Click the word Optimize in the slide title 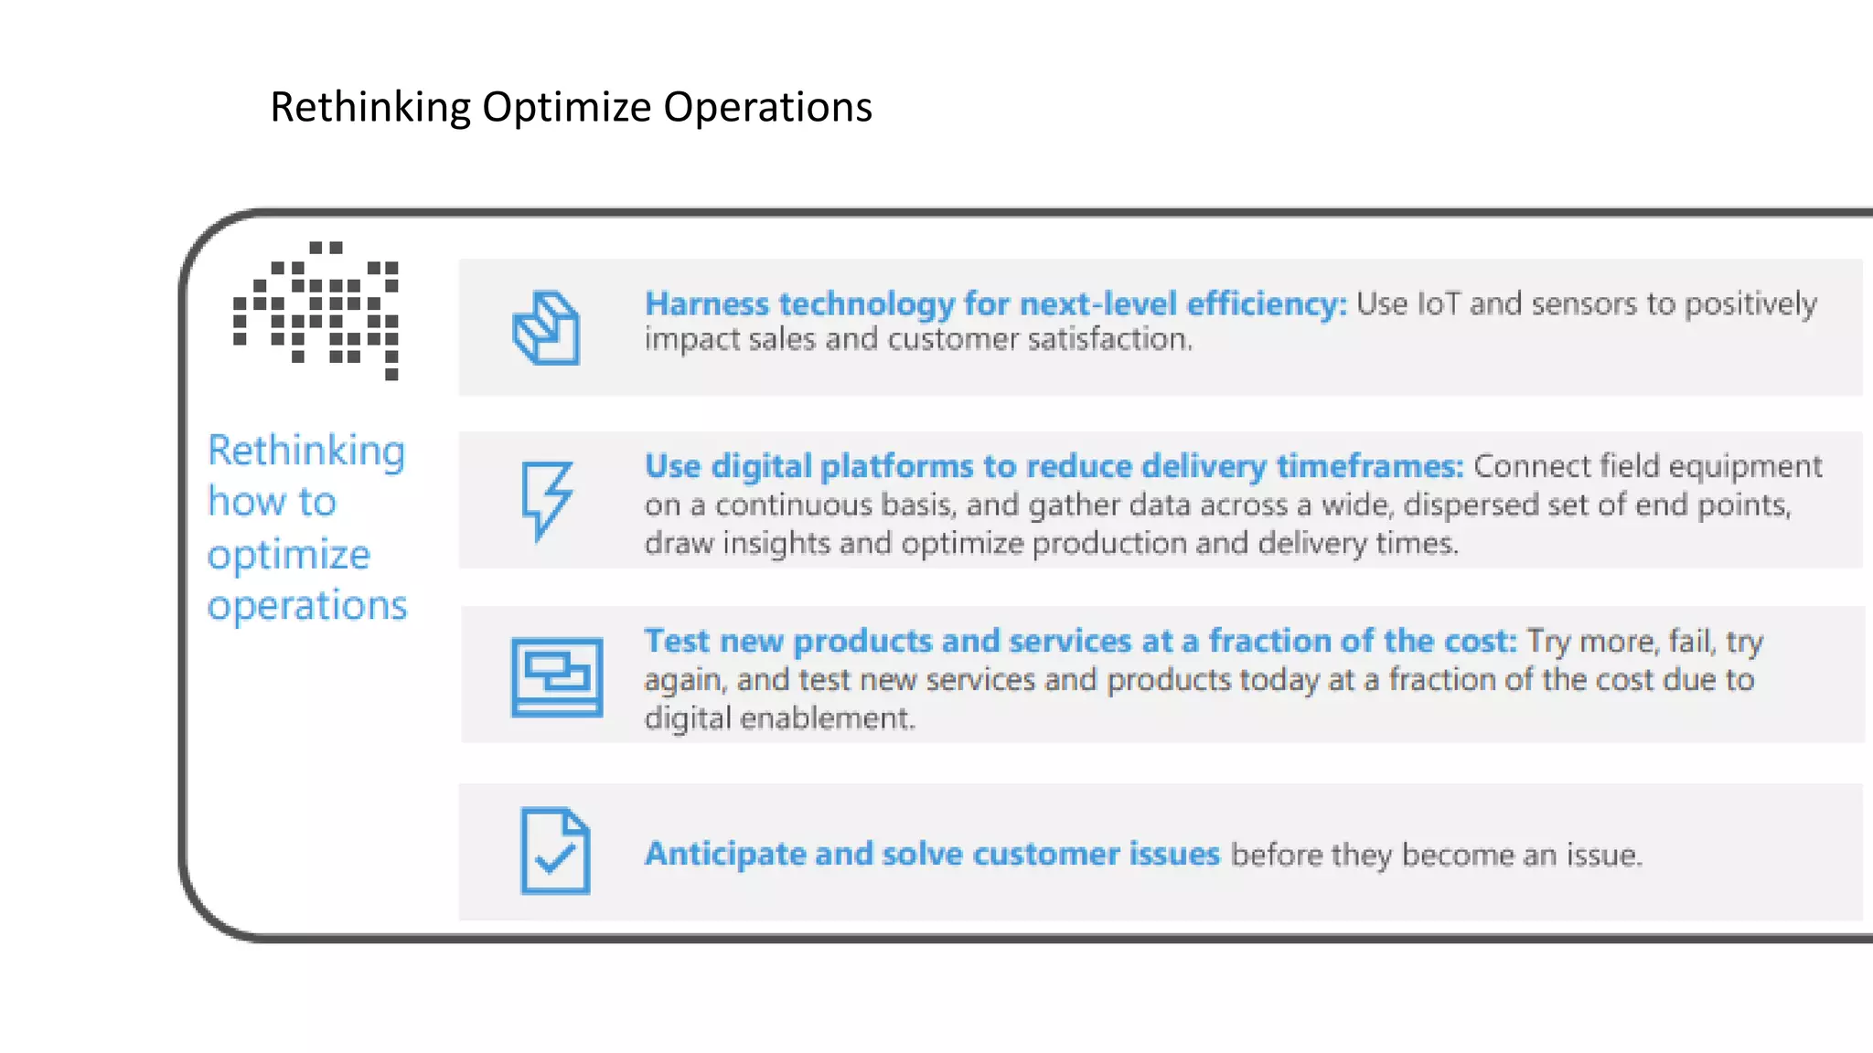pyautogui.click(x=567, y=108)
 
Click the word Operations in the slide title pyautogui.click(x=767, y=108)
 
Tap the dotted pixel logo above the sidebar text pyautogui.click(x=316, y=311)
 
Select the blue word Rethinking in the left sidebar pyautogui.click(x=305, y=451)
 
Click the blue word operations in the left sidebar pyautogui.click(x=306, y=605)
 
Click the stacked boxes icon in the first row pyautogui.click(x=546, y=328)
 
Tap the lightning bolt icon pyautogui.click(x=546, y=500)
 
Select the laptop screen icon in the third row pyautogui.click(x=556, y=677)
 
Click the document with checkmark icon pyautogui.click(x=554, y=851)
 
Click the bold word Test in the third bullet pyautogui.click(x=676, y=641)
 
